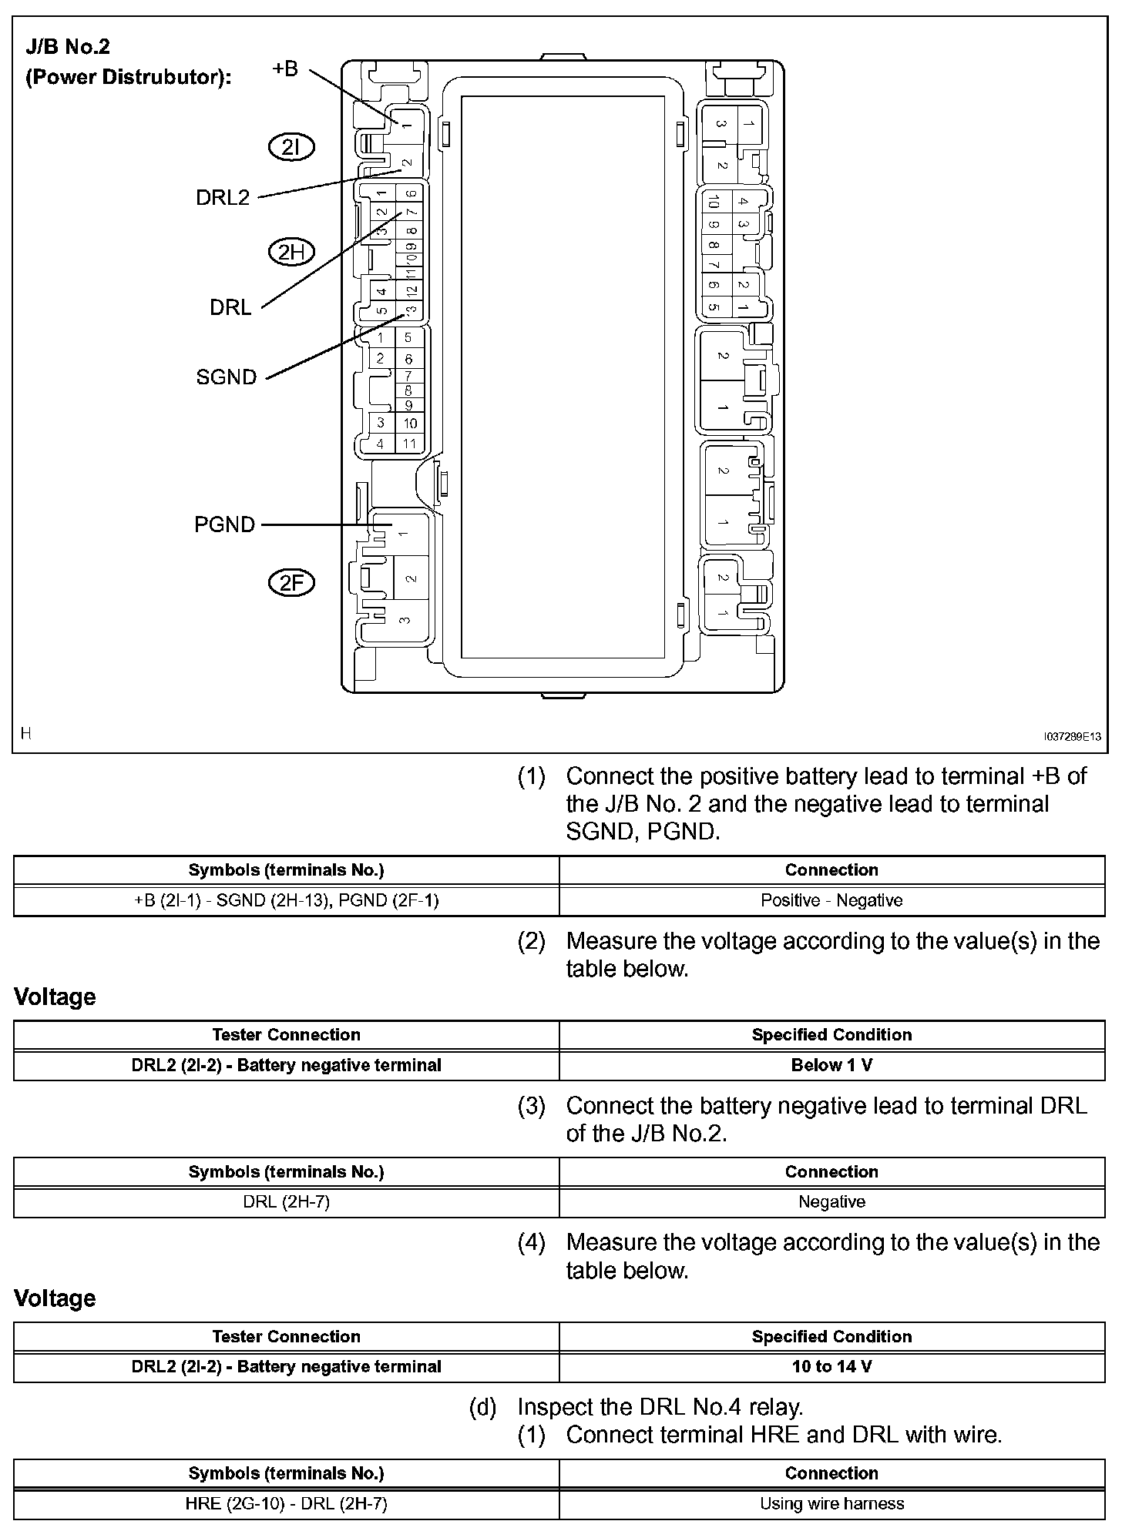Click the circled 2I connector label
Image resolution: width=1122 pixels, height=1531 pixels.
pos(291,147)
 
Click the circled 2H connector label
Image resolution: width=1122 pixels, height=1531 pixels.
pos(291,252)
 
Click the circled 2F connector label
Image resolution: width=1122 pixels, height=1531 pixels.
pos(291,583)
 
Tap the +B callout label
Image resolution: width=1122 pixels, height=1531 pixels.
pos(284,69)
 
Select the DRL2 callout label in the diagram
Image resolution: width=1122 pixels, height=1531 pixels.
pos(223,198)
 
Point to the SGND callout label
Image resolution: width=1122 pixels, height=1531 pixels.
pos(226,377)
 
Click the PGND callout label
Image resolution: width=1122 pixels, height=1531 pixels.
pos(224,524)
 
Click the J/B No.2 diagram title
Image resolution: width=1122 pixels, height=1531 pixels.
pos(69,47)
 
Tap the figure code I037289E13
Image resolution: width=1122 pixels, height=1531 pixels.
pos(1072,737)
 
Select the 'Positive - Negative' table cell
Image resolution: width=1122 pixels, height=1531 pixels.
pos(831,900)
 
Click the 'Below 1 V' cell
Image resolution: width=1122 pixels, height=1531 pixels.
pos(831,1065)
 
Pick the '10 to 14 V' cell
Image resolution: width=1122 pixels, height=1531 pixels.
pos(831,1367)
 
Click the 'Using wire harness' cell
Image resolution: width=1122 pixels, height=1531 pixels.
pos(831,1503)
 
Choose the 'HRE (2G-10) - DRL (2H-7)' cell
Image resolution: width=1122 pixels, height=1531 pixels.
pos(286,1503)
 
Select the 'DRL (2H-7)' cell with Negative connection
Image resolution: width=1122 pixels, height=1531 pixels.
pos(286,1201)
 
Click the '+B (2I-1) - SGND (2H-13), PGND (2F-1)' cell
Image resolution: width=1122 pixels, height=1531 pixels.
pos(286,900)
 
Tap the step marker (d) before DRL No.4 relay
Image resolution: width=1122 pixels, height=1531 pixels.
pos(482,1407)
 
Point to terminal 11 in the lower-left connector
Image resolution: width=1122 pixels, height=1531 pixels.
pos(409,444)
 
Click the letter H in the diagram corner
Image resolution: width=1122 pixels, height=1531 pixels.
pos(26,733)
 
